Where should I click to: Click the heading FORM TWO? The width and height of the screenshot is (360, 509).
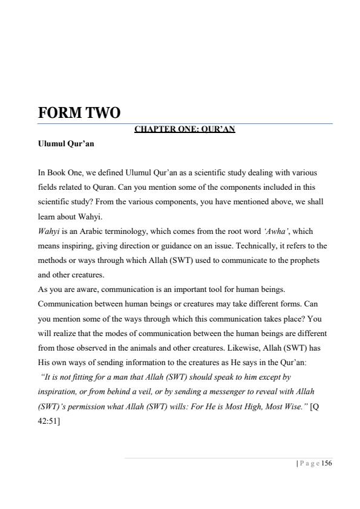coord(79,113)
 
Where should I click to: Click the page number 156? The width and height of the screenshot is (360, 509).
coord(327,463)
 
